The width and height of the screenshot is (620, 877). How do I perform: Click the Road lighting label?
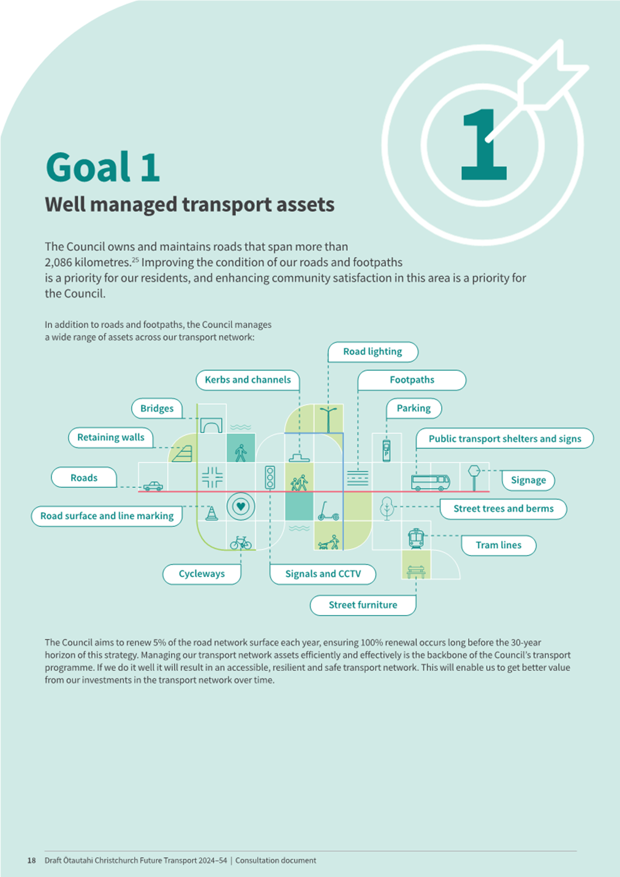(x=372, y=351)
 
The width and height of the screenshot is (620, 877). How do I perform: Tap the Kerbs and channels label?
(x=248, y=380)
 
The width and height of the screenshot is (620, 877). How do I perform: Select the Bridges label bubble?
(x=157, y=408)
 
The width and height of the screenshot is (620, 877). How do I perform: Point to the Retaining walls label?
(x=110, y=438)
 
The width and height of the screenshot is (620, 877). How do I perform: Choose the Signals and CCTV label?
(x=323, y=574)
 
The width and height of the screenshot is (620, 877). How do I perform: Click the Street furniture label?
(x=363, y=605)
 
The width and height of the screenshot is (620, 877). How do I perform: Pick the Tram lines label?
(x=499, y=545)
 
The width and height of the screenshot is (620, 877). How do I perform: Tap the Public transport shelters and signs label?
(x=505, y=438)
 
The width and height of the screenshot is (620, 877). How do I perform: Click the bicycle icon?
(x=241, y=543)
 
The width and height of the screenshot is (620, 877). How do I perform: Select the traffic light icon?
(x=270, y=477)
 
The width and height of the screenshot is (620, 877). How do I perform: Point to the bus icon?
(x=430, y=482)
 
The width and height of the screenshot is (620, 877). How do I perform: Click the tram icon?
(x=416, y=539)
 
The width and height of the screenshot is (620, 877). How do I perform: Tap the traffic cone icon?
(x=211, y=513)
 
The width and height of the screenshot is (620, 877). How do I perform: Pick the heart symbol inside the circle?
(x=241, y=507)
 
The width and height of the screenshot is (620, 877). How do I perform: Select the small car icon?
(x=153, y=487)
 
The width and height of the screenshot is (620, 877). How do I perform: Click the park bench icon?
(x=416, y=572)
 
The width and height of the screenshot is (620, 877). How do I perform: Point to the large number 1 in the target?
(x=484, y=144)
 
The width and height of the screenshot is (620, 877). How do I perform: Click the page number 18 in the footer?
(x=31, y=860)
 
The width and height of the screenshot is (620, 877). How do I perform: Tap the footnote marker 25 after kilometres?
(x=135, y=259)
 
